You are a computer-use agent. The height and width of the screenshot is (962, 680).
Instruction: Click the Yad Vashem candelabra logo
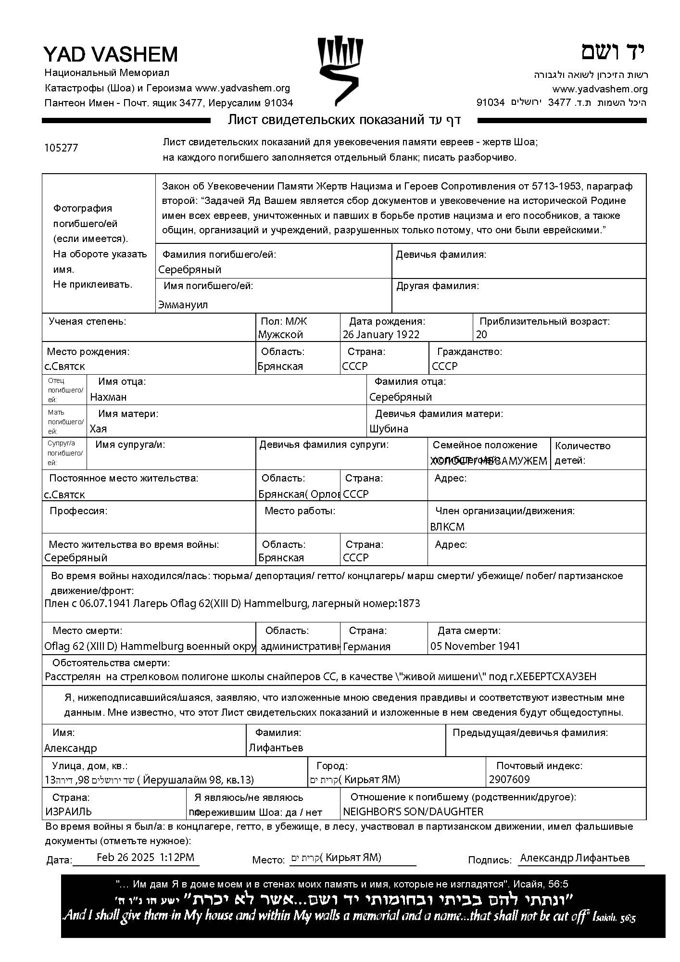tap(340, 70)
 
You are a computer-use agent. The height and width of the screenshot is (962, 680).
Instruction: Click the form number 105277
tap(61, 148)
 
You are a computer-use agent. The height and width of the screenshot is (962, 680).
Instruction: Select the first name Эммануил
tap(183, 305)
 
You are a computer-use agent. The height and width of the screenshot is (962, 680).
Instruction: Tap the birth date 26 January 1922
tap(381, 335)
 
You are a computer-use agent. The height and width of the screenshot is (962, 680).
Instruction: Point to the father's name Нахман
tap(109, 397)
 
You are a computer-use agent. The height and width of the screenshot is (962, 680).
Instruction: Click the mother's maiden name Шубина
tap(389, 429)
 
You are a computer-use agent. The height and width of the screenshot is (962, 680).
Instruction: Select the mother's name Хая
tap(99, 429)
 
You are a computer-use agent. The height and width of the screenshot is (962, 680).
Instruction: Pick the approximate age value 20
tap(481, 335)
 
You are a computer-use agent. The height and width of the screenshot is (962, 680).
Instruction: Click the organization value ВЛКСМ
tap(447, 527)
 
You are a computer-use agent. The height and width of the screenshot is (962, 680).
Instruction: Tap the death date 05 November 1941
tap(475, 646)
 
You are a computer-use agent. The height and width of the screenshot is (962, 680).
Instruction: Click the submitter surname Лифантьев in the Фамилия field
tap(276, 748)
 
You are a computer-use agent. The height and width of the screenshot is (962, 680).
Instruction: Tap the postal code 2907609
tap(509, 780)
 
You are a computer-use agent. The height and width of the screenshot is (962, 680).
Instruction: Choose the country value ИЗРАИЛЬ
tap(68, 812)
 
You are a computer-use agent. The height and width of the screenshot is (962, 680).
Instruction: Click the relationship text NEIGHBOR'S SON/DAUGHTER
tap(413, 812)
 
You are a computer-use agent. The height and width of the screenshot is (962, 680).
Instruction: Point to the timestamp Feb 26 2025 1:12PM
tap(145, 857)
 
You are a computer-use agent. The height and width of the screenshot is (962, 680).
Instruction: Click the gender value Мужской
tap(280, 335)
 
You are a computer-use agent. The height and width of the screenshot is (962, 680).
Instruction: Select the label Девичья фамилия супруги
tap(324, 445)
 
